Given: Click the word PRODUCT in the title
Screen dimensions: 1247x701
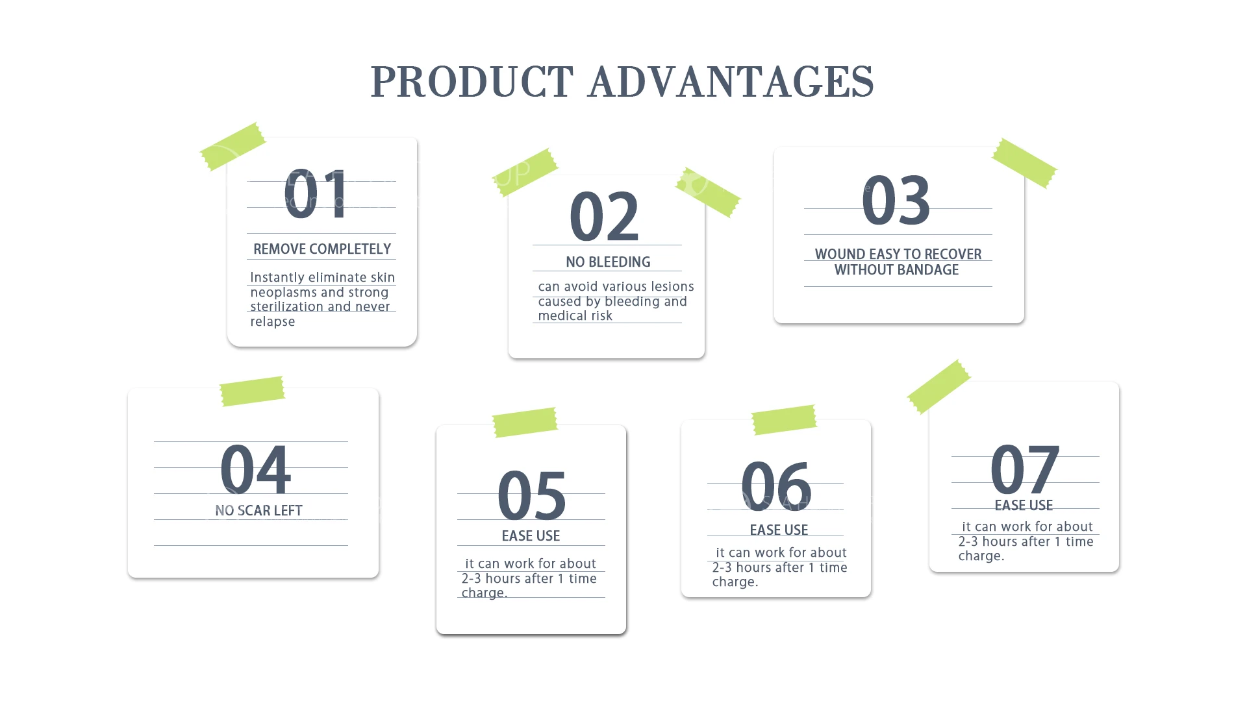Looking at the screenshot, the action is [x=472, y=82].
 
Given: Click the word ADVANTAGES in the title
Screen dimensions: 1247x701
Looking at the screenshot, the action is [x=731, y=82].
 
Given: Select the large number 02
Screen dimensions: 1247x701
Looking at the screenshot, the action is [x=604, y=216].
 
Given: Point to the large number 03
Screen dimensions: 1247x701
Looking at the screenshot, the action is [x=896, y=200].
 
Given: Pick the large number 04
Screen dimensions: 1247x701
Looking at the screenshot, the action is [x=255, y=469].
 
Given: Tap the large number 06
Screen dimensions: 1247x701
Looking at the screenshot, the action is [x=776, y=485].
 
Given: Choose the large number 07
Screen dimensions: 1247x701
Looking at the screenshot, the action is [x=1025, y=469].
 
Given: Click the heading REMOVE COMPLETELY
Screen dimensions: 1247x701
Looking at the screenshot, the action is [x=322, y=249].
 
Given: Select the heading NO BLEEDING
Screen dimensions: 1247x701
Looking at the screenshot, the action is [x=608, y=262].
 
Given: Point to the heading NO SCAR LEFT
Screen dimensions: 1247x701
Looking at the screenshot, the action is [x=258, y=511].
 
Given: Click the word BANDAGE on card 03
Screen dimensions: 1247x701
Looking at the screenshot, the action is [x=929, y=270].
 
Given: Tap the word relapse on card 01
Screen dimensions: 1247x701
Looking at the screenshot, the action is [x=273, y=322].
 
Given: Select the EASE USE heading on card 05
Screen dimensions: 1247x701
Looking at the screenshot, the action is [x=531, y=536].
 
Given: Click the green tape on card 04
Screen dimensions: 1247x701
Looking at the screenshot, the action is [x=252, y=391].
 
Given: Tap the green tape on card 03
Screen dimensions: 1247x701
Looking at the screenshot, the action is [x=1024, y=163].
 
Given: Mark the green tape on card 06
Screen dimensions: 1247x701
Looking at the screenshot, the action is [x=784, y=420].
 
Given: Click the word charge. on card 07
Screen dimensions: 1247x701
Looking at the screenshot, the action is [x=981, y=556].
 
